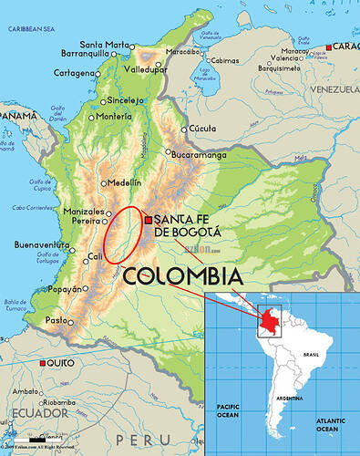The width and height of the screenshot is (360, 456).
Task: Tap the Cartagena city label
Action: (x=73, y=72)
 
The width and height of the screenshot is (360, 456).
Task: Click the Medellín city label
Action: (x=125, y=182)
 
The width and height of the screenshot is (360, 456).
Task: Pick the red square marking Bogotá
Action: (x=149, y=219)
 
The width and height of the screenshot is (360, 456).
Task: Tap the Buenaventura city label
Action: (x=41, y=244)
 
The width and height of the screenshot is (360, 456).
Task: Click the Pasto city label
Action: (x=57, y=320)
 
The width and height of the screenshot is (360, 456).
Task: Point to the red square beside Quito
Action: (x=43, y=363)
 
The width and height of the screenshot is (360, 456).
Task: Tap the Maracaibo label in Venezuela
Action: (x=182, y=51)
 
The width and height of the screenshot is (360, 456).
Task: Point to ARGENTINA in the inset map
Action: (x=290, y=398)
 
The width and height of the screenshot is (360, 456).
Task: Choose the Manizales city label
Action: (x=84, y=211)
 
